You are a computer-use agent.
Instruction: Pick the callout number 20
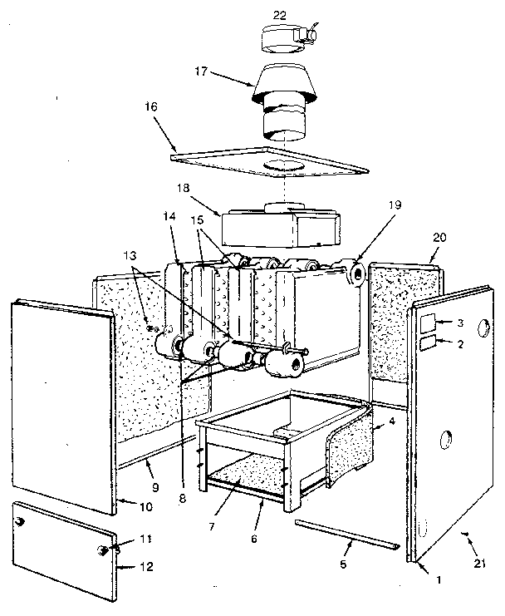click(439, 236)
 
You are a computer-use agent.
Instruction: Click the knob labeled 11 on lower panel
click(105, 549)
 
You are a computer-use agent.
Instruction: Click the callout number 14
click(170, 216)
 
